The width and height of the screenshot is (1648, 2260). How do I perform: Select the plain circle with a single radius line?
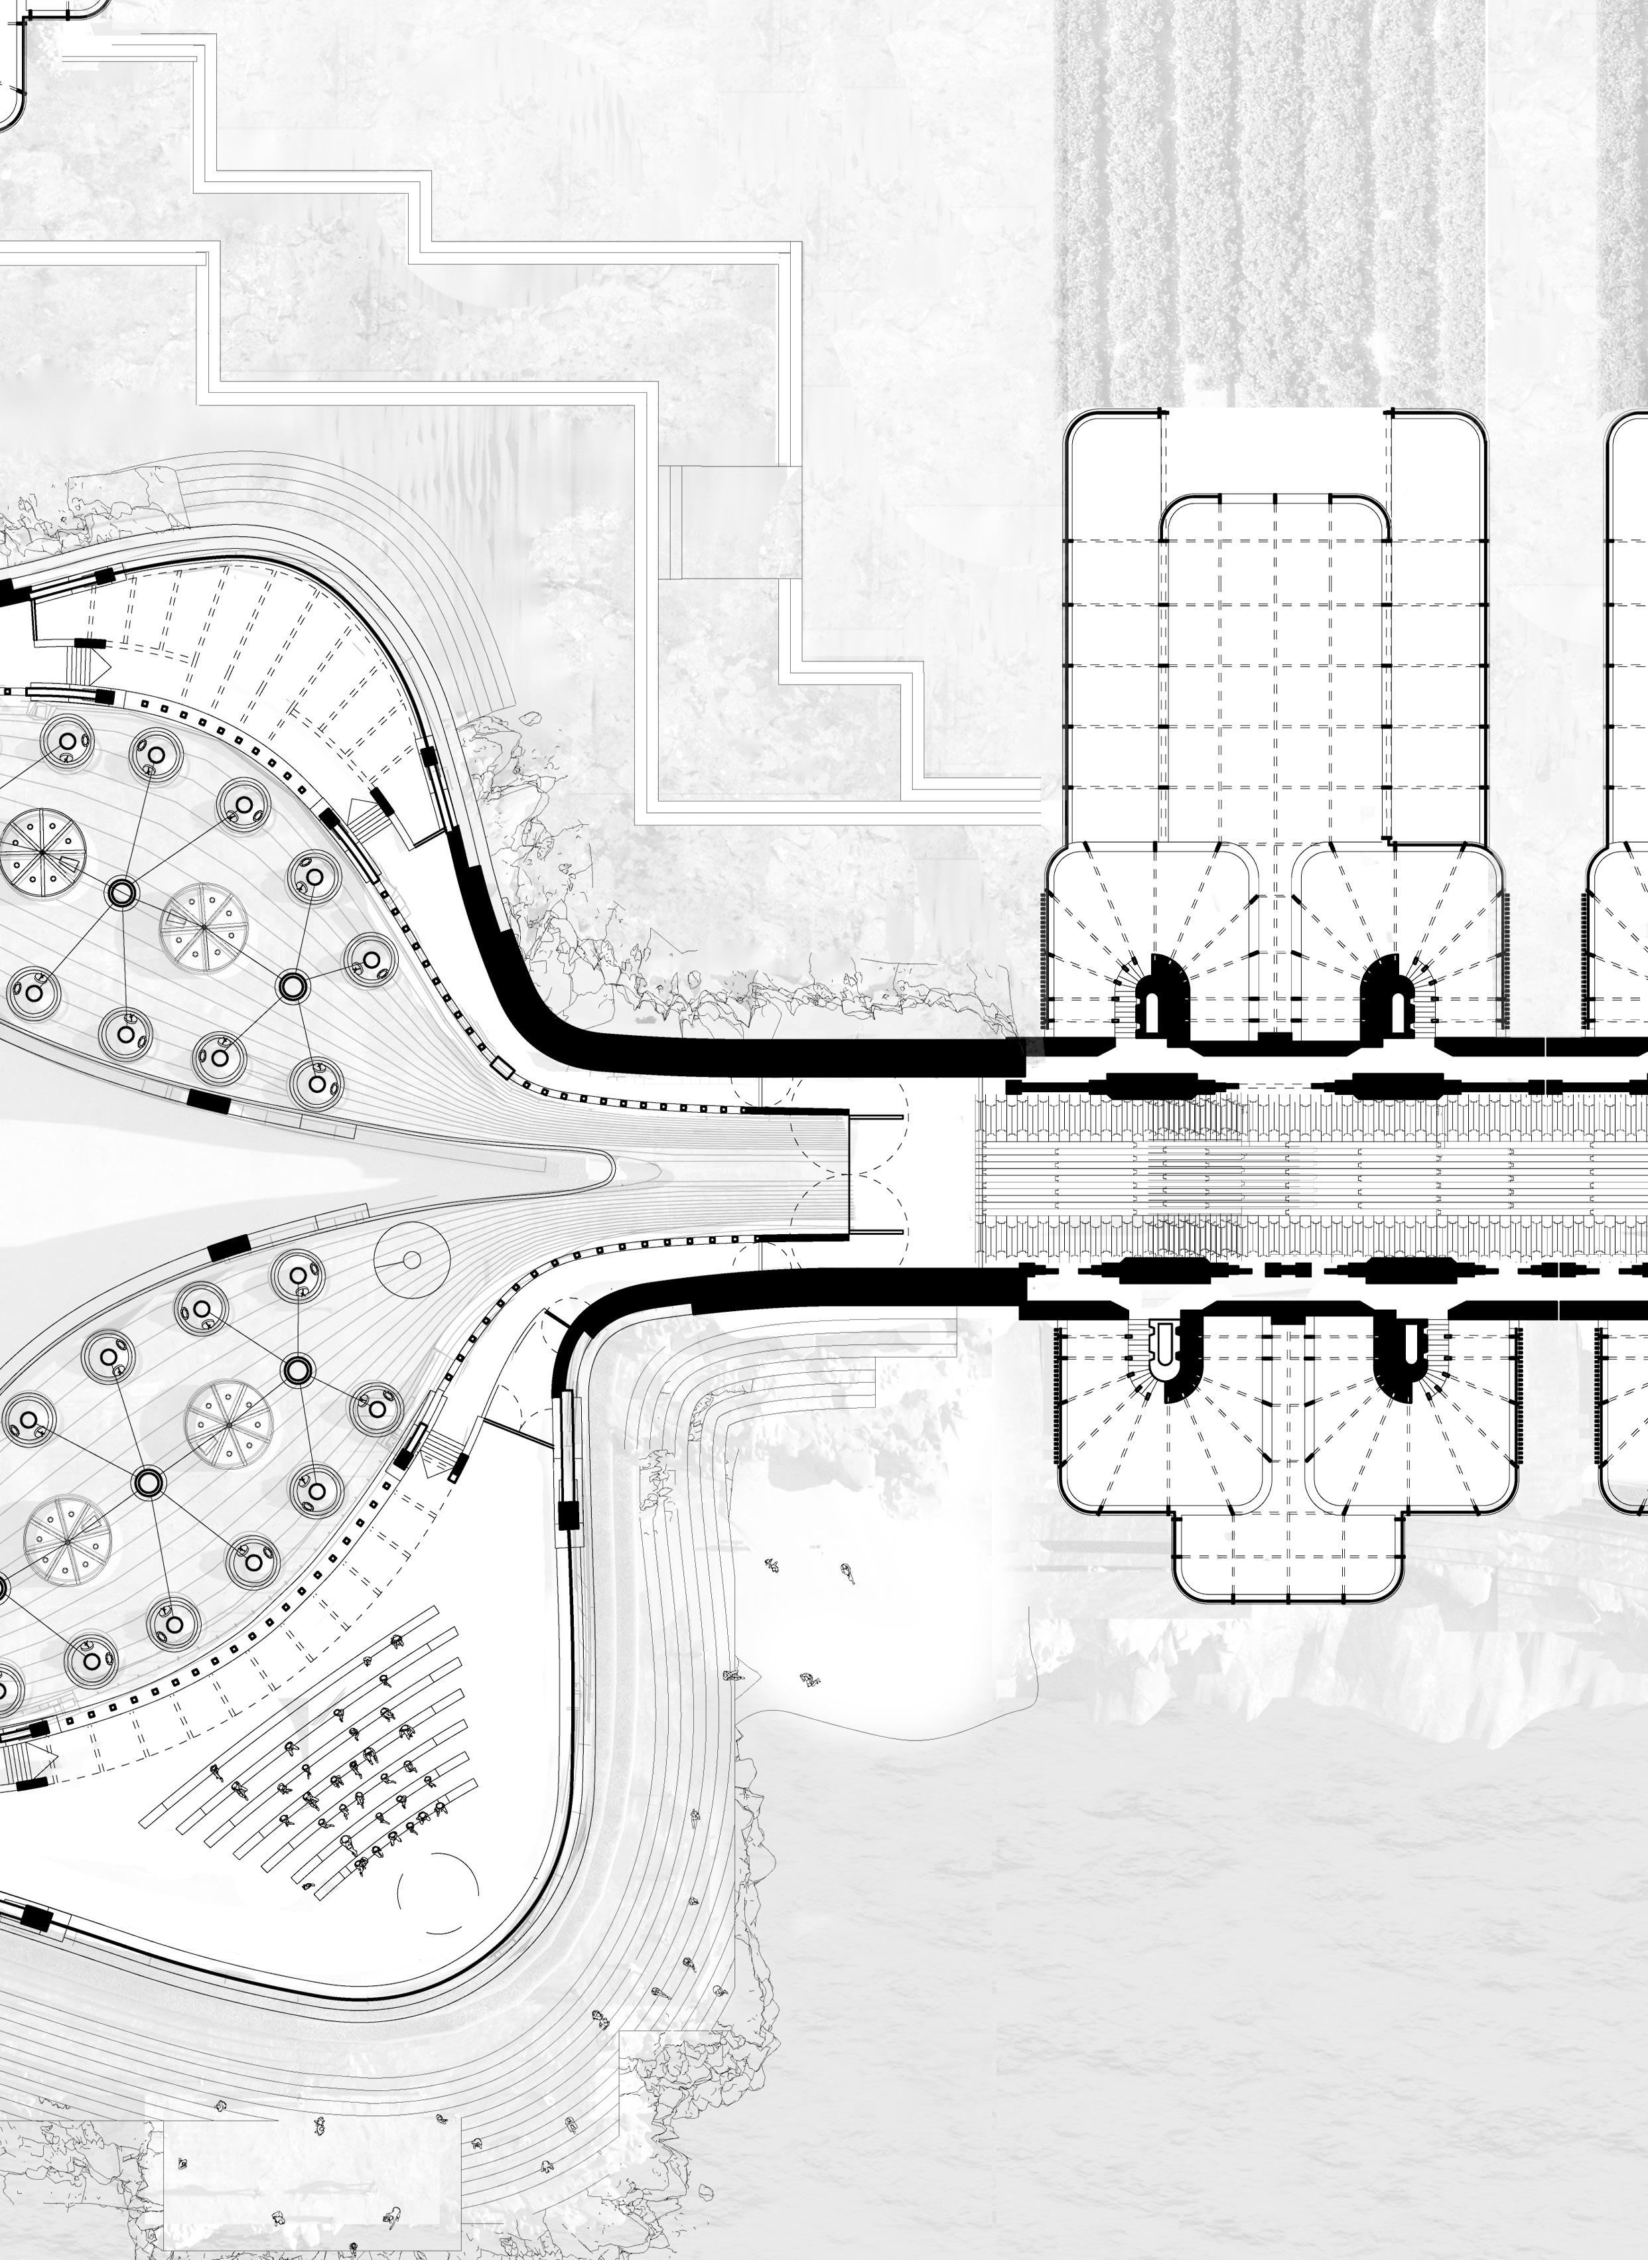pyautogui.click(x=410, y=1259)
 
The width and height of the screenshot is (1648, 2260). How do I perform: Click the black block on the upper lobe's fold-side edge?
pyautogui.click(x=208, y=1101)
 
